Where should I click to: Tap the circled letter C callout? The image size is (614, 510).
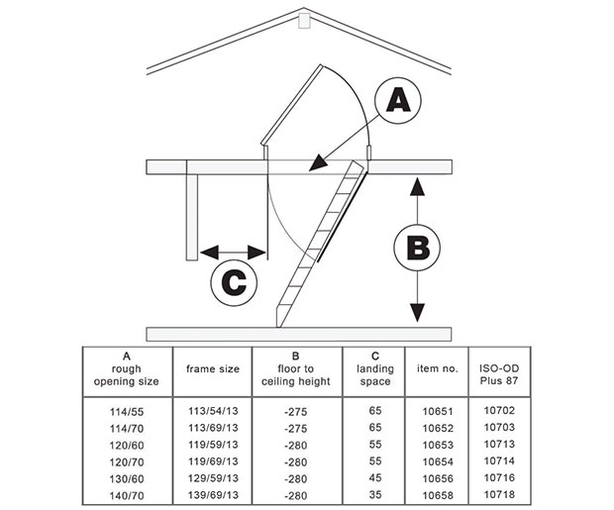coord(235,283)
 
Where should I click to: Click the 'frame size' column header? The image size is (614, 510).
coord(213,369)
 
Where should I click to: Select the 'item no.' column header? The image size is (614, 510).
coord(437,369)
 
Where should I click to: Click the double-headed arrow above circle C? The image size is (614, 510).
coord(234,252)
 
